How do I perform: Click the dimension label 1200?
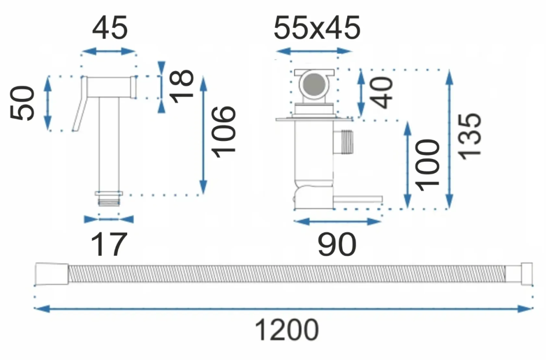click(287, 329)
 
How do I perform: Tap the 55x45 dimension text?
click(317, 27)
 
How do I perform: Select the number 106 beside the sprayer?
click(224, 132)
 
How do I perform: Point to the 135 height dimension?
click(470, 136)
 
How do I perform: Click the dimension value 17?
click(109, 245)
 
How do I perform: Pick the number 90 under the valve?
click(337, 245)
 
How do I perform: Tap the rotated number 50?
click(22, 103)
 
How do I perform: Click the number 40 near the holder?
click(381, 93)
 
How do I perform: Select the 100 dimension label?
click(428, 165)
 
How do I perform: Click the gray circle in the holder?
click(314, 84)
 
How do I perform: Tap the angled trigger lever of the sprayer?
click(80, 104)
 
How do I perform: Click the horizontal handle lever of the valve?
click(358, 199)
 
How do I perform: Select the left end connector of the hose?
click(51, 274)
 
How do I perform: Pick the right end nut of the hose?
click(526, 274)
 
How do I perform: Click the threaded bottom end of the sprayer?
click(109, 200)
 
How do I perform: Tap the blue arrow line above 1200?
click(283, 309)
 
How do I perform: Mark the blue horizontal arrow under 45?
click(109, 51)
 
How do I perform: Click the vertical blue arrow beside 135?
click(449, 139)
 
